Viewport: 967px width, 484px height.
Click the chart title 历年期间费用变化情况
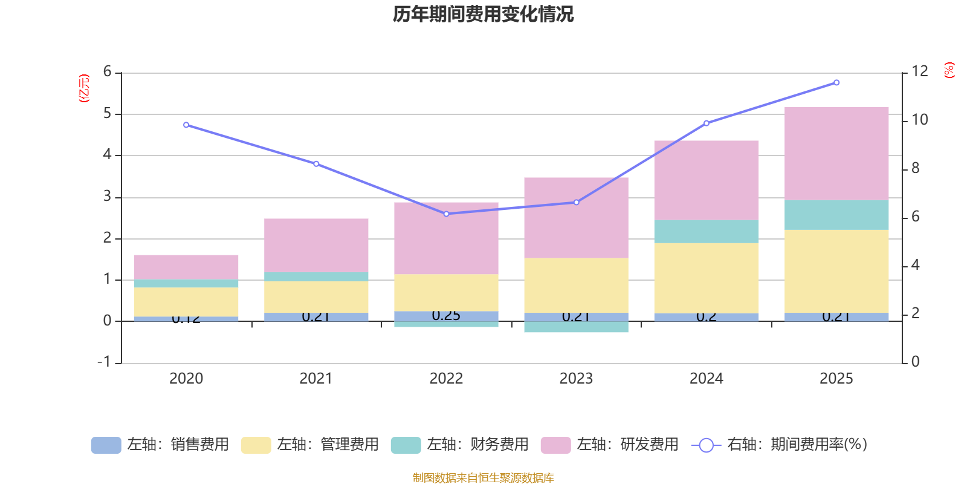coord(483,14)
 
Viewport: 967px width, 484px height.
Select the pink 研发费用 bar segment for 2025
coord(836,153)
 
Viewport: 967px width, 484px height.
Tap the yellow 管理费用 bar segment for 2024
coord(706,278)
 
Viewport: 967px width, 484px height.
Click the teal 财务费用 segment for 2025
coord(836,215)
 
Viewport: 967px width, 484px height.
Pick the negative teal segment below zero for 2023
coord(576,327)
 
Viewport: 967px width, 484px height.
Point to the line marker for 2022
coord(446,214)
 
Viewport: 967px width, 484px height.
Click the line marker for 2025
coord(836,82)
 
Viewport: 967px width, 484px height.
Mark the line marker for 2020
coord(186,125)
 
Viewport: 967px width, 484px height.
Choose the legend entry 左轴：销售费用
coord(160,445)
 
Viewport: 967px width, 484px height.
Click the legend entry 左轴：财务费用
coord(460,445)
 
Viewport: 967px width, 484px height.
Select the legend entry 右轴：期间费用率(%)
coord(779,445)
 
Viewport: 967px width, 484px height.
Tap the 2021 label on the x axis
coord(315,379)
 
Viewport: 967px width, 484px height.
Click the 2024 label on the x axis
coord(706,379)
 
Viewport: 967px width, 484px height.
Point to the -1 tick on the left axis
coord(105,362)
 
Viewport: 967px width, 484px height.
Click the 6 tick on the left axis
coord(108,72)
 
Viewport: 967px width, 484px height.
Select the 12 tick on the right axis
coord(920,71)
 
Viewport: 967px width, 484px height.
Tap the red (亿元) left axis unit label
coord(84,88)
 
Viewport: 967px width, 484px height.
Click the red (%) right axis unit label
coord(949,70)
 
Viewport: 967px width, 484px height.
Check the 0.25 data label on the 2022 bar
coord(446,316)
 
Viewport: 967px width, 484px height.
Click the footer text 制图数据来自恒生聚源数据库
coord(483,478)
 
